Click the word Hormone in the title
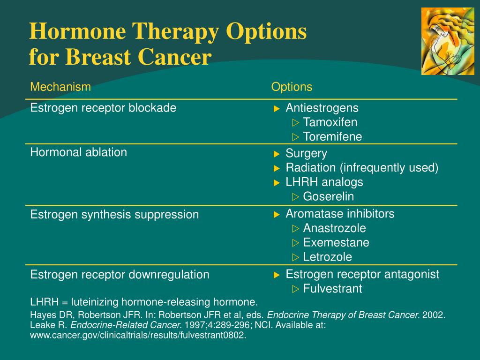pos(77,31)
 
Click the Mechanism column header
pos(60,87)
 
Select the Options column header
pos(292,87)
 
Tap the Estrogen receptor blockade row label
pos(103,108)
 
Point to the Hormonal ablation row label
pos(78,152)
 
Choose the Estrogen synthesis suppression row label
pos(114,214)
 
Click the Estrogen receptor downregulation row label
pos(120,275)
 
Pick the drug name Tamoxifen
pos(330,122)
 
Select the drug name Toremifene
pos(332,136)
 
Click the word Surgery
pos(307,153)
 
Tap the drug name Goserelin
pos(329,196)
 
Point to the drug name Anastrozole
pos(335,228)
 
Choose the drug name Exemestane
pos(336,242)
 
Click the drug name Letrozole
pos(328,257)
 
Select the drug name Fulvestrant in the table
pos(332,288)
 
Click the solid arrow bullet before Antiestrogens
pos(277,109)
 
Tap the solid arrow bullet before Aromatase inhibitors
pos(277,215)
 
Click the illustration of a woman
pos(448,41)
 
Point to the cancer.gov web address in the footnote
pos(138,335)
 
